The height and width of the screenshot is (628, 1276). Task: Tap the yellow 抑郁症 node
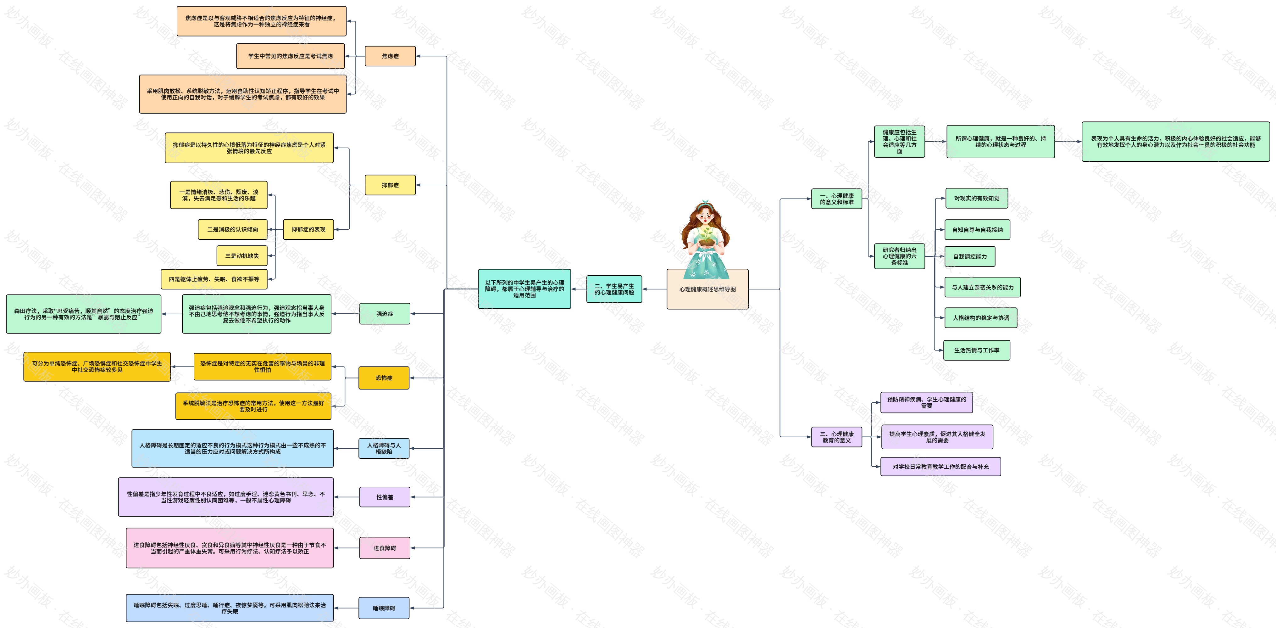pos(390,185)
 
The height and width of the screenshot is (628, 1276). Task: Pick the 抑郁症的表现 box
pos(308,229)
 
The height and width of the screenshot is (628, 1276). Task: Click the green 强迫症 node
pos(384,314)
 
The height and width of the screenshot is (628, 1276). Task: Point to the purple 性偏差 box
pos(384,497)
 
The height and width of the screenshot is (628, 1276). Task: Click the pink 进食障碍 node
pos(384,548)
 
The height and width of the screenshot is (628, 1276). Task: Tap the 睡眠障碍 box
pos(384,608)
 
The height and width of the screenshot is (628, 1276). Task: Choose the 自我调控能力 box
pos(969,257)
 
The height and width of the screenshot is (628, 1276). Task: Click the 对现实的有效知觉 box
pos(976,198)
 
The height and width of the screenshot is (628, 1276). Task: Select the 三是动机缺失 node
pos(242,256)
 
